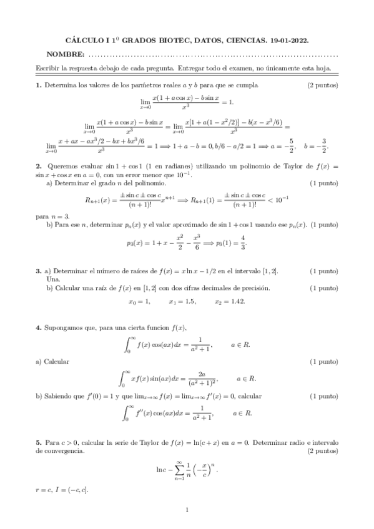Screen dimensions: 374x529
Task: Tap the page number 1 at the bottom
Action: tap(187, 510)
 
